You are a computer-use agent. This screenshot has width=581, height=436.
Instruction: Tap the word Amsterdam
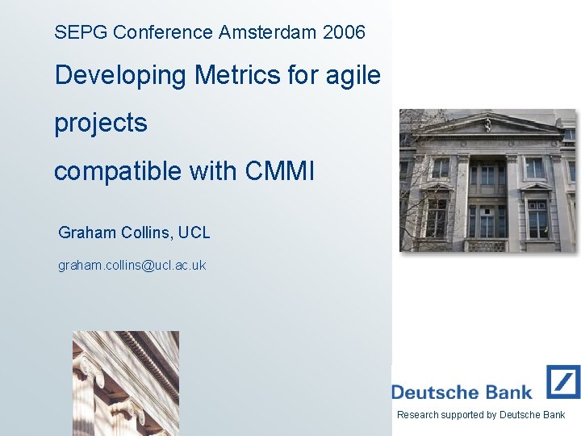coord(267,33)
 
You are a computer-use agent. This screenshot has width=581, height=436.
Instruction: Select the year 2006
coord(343,33)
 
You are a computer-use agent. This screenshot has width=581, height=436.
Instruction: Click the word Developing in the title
coord(120,76)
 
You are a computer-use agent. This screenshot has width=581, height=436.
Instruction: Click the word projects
coord(101,124)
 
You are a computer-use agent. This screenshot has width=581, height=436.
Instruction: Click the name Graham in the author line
coord(87,233)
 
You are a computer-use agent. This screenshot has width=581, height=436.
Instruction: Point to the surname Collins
coord(147,233)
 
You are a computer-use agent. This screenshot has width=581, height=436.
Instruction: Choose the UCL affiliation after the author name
coord(194,233)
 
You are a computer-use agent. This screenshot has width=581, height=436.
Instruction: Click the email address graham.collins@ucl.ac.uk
coord(132,265)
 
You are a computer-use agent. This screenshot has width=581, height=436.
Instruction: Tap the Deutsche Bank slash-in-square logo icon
coord(562,382)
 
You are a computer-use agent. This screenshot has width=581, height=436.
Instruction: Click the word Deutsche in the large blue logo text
coord(434,393)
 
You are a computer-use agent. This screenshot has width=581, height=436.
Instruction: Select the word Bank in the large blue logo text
coord(508,393)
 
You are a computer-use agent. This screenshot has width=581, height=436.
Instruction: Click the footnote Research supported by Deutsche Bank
coord(481,415)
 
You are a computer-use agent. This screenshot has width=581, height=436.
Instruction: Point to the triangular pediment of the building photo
coord(488,124)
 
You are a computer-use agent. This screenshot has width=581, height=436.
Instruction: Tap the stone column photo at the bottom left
coord(125,384)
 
